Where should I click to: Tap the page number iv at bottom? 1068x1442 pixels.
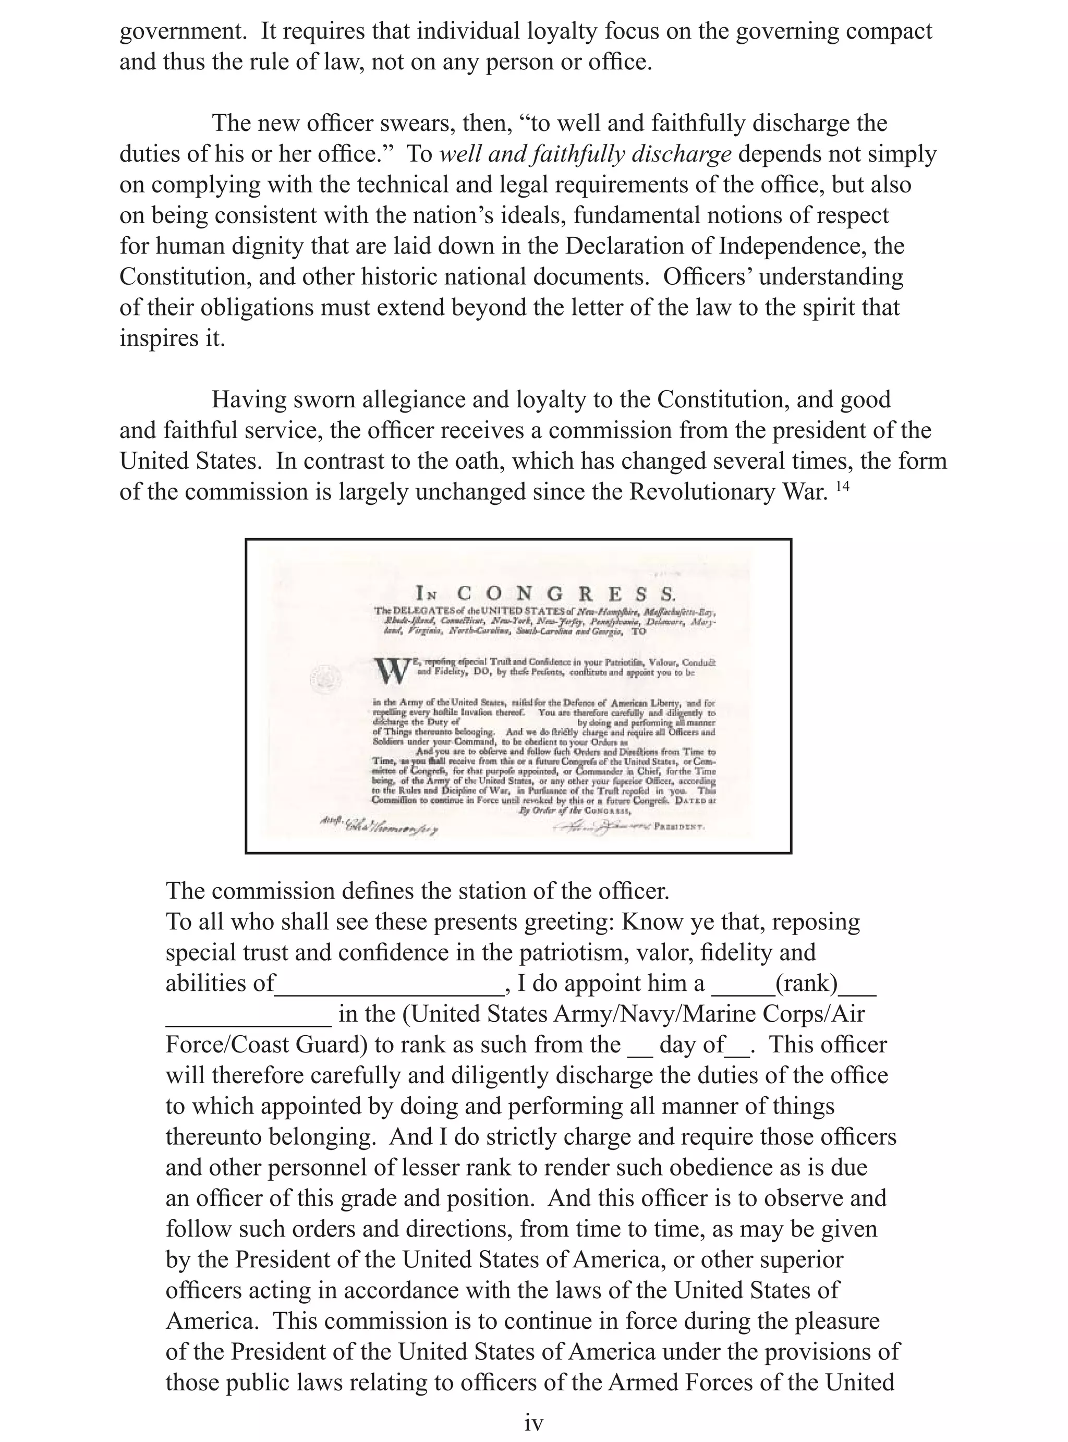tap(533, 1423)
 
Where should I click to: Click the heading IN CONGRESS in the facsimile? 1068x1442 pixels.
tap(545, 592)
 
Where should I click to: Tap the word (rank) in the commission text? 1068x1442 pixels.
tap(806, 983)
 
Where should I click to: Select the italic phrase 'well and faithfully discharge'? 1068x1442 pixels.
tap(585, 154)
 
